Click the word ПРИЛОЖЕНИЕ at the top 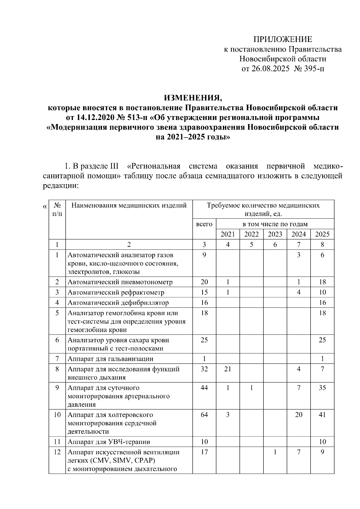pyautogui.click(x=283, y=39)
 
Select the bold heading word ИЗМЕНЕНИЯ pyautogui.click(x=193, y=98)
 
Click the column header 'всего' pyautogui.click(x=204, y=224)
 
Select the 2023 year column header pyautogui.click(x=275, y=234)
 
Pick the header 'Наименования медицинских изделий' pyautogui.click(x=129, y=205)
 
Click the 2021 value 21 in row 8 pyautogui.click(x=228, y=369)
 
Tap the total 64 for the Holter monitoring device pyautogui.click(x=204, y=415)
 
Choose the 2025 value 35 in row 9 pyautogui.click(x=322, y=388)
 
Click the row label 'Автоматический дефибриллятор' pyautogui.click(x=118, y=303)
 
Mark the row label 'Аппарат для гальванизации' pyautogui.click(x=110, y=359)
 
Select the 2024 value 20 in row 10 pyautogui.click(x=298, y=415)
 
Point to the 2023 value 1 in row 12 pyautogui.click(x=275, y=452)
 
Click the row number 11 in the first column pyautogui.click(x=57, y=442)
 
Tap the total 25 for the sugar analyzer pyautogui.click(x=204, y=340)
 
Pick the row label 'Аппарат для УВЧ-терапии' pyautogui.click(x=109, y=442)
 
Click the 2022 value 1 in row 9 pyautogui.click(x=251, y=388)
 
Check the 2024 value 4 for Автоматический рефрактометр pyautogui.click(x=298, y=292)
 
